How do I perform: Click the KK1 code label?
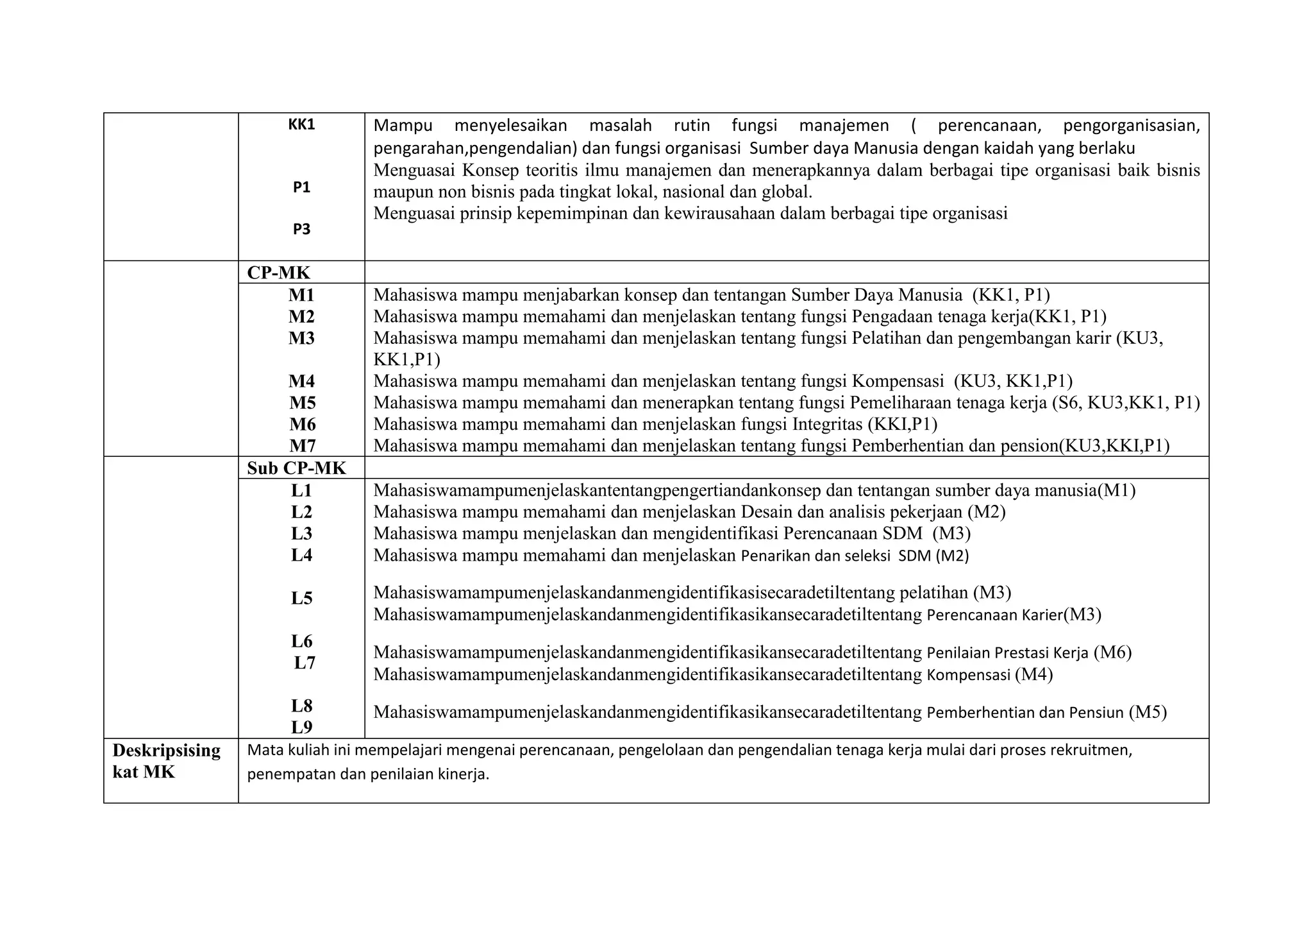(301, 125)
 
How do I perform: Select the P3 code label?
(301, 230)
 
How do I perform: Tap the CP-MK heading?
(278, 273)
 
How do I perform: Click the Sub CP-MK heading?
(296, 468)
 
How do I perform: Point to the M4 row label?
(301, 381)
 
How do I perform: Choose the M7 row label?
(301, 446)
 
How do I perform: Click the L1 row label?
(301, 491)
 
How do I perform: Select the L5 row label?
(301, 599)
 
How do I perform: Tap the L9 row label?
(301, 728)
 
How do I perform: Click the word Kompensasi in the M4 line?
(898, 381)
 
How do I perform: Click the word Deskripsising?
(166, 750)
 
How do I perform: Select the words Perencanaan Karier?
(994, 615)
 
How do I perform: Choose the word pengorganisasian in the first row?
(1131, 126)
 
